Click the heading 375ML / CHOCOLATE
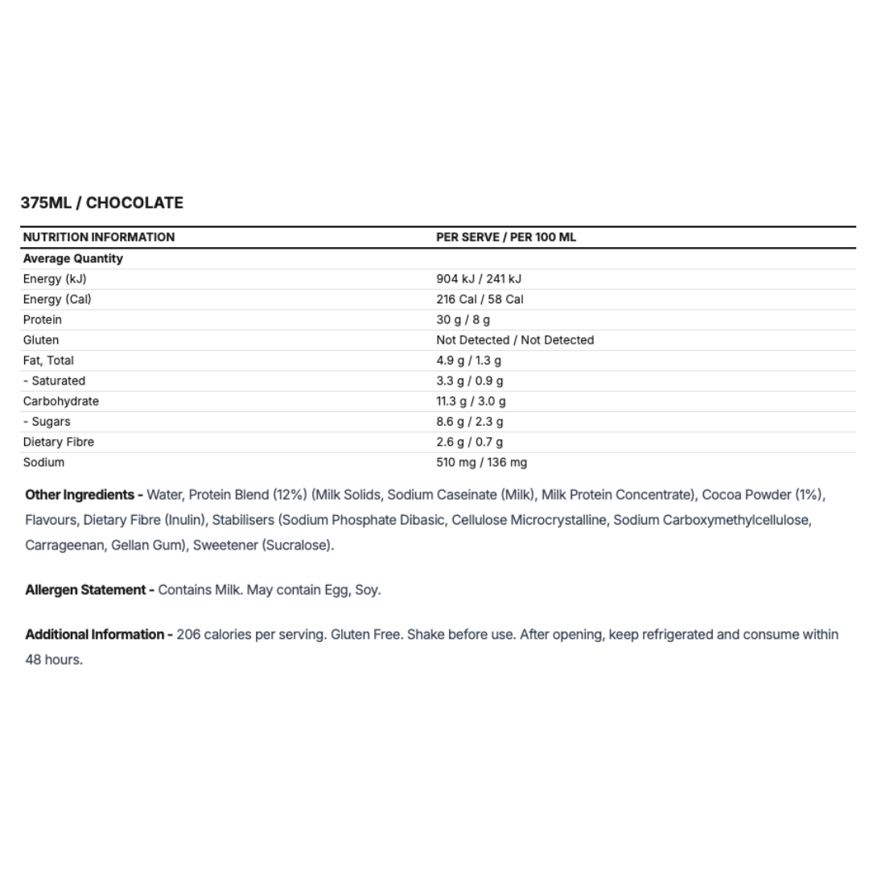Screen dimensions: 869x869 coord(102,203)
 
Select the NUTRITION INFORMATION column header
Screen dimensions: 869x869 coord(98,237)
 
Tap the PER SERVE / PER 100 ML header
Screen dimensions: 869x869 coord(505,237)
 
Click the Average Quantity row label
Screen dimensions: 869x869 coord(72,258)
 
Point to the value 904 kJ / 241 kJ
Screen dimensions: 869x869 coord(478,279)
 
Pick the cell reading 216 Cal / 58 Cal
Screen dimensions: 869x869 coord(479,299)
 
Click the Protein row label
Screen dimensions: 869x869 coord(42,319)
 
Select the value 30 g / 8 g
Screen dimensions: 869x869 coord(463,319)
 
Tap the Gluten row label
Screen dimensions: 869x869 coord(40,340)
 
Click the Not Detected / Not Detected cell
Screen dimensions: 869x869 coord(514,340)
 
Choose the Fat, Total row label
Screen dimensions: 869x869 coord(48,360)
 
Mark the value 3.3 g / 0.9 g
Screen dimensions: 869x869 coord(469,381)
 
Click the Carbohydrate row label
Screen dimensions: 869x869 coord(60,402)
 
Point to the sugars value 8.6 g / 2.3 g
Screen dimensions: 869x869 coord(469,422)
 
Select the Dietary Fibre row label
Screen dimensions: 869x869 coord(58,442)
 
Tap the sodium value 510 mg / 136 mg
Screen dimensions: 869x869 coord(481,463)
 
